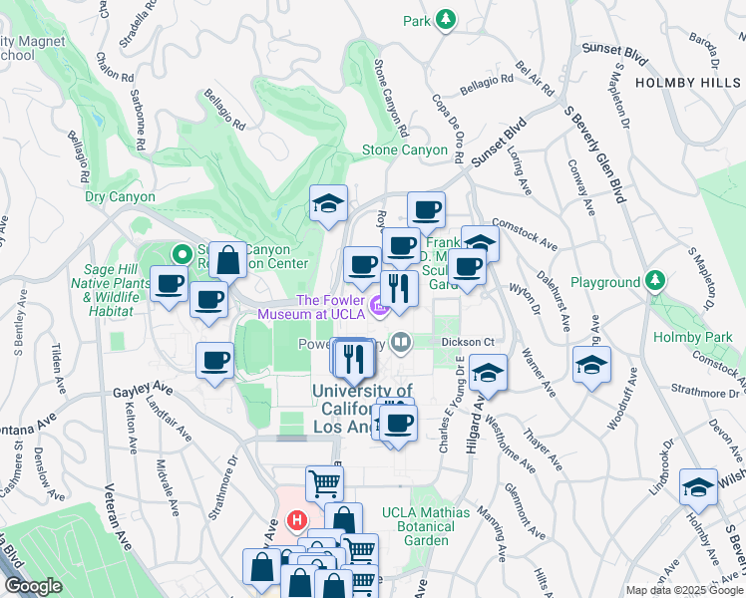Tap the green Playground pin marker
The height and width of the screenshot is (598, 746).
pos(654,279)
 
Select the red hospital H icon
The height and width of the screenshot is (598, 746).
pos(296,519)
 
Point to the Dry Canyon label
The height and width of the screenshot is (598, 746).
pos(121,197)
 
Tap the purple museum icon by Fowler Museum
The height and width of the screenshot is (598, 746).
pos(378,305)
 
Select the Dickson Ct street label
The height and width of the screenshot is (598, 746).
pos(469,342)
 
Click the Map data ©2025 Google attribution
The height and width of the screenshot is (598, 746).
pos(683,590)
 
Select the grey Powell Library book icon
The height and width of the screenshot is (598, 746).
pos(401,343)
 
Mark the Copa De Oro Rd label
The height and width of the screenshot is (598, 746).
pos(448,125)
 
